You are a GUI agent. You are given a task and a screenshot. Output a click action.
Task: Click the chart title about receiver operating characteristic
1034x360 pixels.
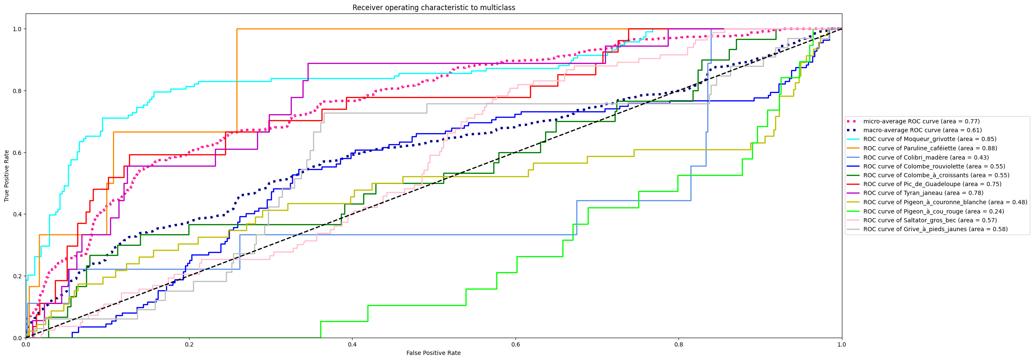[x=433, y=8]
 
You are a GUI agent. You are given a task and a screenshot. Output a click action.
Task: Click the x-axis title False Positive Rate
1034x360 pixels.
[x=433, y=353]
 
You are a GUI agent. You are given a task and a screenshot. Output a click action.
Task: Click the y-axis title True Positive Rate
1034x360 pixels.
[x=7, y=176]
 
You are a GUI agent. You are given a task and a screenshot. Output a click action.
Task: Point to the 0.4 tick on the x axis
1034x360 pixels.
[x=352, y=344]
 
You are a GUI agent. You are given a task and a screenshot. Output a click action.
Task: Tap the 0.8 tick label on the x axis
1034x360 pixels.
[x=679, y=344]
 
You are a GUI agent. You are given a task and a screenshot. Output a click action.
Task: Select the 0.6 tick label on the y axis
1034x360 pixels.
[x=17, y=152]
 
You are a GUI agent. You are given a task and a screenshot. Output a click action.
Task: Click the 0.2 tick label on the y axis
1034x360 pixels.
[x=17, y=276]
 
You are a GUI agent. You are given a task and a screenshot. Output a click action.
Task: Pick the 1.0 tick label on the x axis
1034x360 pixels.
[x=842, y=344]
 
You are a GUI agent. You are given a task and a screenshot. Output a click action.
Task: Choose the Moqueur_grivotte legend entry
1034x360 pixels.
[x=930, y=139]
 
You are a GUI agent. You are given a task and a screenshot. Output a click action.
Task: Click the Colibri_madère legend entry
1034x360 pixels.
[x=926, y=157]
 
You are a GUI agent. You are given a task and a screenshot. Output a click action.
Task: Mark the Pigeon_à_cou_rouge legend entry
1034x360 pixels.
[x=933, y=211]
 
